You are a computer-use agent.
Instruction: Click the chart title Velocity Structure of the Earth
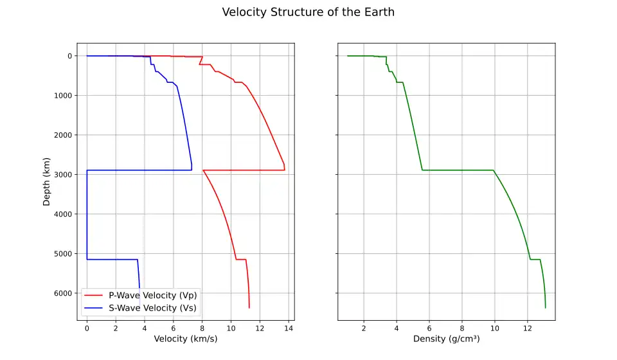pos(308,12)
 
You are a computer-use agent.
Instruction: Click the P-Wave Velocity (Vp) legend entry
pos(153,295)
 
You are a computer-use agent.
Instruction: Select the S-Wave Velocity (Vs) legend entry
pos(153,308)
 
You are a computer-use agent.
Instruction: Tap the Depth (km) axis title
pos(46,181)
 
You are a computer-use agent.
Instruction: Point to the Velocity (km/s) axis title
pos(186,339)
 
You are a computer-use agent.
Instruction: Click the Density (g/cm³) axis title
pos(446,339)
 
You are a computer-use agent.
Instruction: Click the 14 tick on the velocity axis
pos(289,328)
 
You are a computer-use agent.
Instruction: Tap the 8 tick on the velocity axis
pos(202,328)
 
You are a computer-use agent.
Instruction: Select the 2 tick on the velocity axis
pos(116,328)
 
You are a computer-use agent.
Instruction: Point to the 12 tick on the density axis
pos(528,328)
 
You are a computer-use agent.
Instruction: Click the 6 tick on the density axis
pos(429,328)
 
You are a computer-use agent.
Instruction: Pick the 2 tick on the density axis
pos(364,328)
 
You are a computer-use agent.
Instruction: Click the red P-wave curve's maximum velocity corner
pos(285,170)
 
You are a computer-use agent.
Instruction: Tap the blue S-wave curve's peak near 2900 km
pos(192,170)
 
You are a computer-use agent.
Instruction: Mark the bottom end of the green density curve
pos(546,308)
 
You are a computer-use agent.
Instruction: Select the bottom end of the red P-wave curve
pos(249,308)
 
